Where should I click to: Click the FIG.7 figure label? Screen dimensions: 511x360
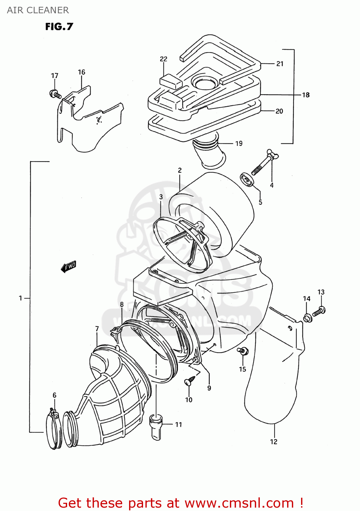59,27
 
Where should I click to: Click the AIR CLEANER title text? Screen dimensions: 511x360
38,10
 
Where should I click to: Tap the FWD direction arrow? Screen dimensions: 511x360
69,266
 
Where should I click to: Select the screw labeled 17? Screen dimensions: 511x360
55,94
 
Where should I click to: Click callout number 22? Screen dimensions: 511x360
163,59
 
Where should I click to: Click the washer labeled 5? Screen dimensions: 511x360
248,180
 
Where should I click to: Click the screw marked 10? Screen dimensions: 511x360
189,381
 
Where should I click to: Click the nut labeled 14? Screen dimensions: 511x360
308,319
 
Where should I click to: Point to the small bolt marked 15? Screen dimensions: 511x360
243,351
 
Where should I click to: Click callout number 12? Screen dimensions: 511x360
273,442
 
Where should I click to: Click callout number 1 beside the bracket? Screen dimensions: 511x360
20,298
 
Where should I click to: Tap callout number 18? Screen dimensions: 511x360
306,95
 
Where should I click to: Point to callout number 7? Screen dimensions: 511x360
97,329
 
